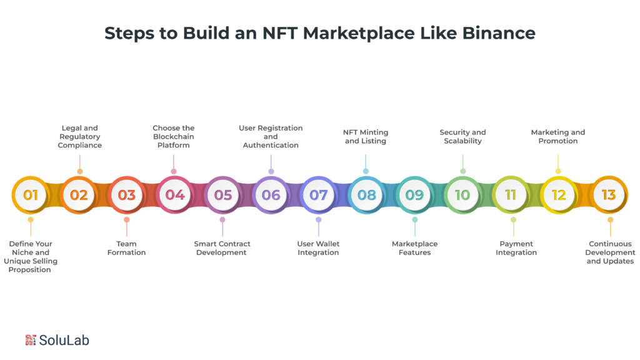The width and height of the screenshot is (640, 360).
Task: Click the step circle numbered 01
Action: point(31,195)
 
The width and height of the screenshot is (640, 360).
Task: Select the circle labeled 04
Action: point(174,195)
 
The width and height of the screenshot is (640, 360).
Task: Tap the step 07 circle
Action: point(319,195)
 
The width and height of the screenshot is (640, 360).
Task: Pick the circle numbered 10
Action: point(462,195)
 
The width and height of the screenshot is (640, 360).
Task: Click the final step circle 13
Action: point(609,195)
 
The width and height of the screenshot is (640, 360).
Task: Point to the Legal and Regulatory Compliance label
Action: point(80,137)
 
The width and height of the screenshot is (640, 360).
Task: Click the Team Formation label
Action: point(126,248)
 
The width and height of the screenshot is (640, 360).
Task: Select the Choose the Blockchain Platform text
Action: point(174,137)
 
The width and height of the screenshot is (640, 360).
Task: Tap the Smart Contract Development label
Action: point(222,248)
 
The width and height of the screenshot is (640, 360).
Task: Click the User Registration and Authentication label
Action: point(271,137)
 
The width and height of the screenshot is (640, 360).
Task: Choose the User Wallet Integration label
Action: point(318,248)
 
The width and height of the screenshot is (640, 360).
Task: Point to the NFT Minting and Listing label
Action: point(366,137)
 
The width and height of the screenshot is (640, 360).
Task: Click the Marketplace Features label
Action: point(414,248)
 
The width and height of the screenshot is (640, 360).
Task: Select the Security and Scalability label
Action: point(463,137)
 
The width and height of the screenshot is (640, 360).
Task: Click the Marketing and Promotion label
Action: point(558,137)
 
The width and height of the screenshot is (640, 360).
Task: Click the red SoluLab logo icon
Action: point(31,340)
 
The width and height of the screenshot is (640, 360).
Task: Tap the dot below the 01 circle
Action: point(31,220)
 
